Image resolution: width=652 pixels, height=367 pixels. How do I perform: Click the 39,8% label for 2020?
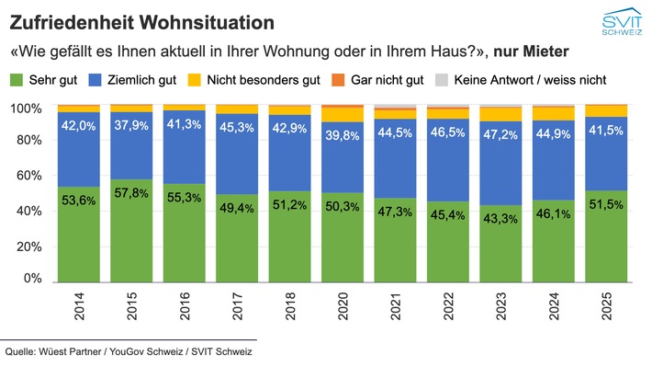click(x=342, y=137)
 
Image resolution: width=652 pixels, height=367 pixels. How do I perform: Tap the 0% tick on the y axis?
click(x=32, y=278)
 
